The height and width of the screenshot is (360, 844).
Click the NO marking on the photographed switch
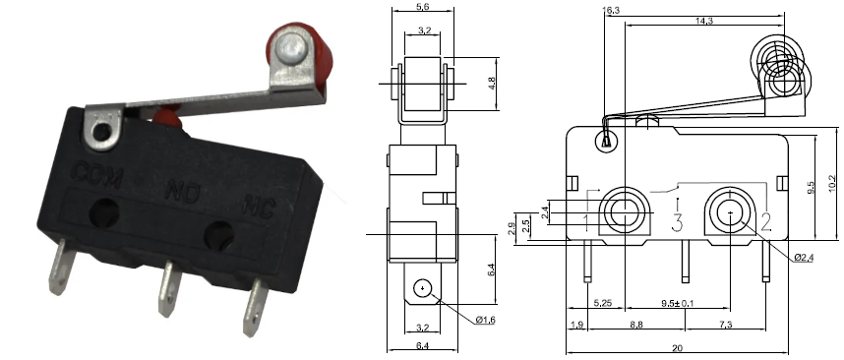(183, 188)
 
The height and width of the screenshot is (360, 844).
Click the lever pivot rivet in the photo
(104, 131)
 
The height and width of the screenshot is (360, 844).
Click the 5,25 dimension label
(603, 303)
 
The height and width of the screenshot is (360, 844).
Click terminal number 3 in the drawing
(677, 221)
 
